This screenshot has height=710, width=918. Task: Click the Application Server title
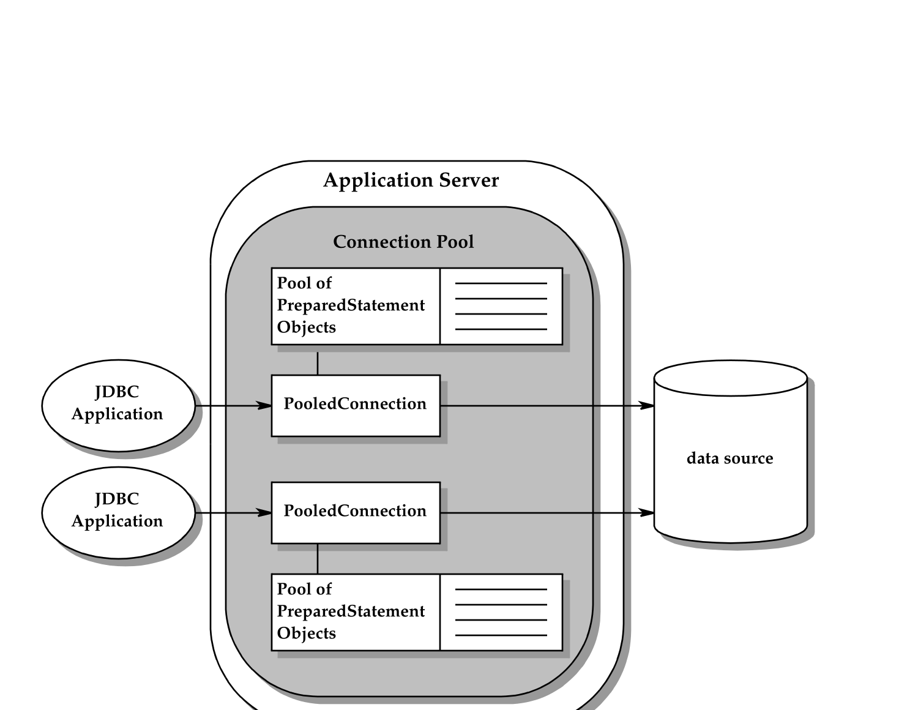point(411,181)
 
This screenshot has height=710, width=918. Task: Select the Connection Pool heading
point(403,242)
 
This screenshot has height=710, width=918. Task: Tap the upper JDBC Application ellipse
point(118,405)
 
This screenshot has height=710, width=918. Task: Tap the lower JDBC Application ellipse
point(118,512)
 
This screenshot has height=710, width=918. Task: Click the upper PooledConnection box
point(356,405)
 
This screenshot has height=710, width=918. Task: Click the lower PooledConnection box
point(356,512)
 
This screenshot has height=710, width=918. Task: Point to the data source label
point(730,458)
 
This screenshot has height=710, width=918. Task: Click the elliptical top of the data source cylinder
point(730,378)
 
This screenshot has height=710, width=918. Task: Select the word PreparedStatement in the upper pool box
point(351,305)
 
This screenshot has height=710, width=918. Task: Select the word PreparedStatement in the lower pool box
point(351,611)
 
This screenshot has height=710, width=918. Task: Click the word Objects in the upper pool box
point(307,327)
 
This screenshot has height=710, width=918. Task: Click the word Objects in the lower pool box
point(307,633)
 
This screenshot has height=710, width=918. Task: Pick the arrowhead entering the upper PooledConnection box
point(264,405)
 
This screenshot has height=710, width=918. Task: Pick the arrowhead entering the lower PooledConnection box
point(264,512)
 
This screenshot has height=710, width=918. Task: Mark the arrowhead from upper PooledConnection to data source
point(647,405)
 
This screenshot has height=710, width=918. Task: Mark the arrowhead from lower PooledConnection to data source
point(647,512)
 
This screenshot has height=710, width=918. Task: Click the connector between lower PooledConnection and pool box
point(318,559)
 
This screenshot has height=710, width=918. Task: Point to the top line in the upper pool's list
point(501,283)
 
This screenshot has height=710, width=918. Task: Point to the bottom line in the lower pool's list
point(501,635)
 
